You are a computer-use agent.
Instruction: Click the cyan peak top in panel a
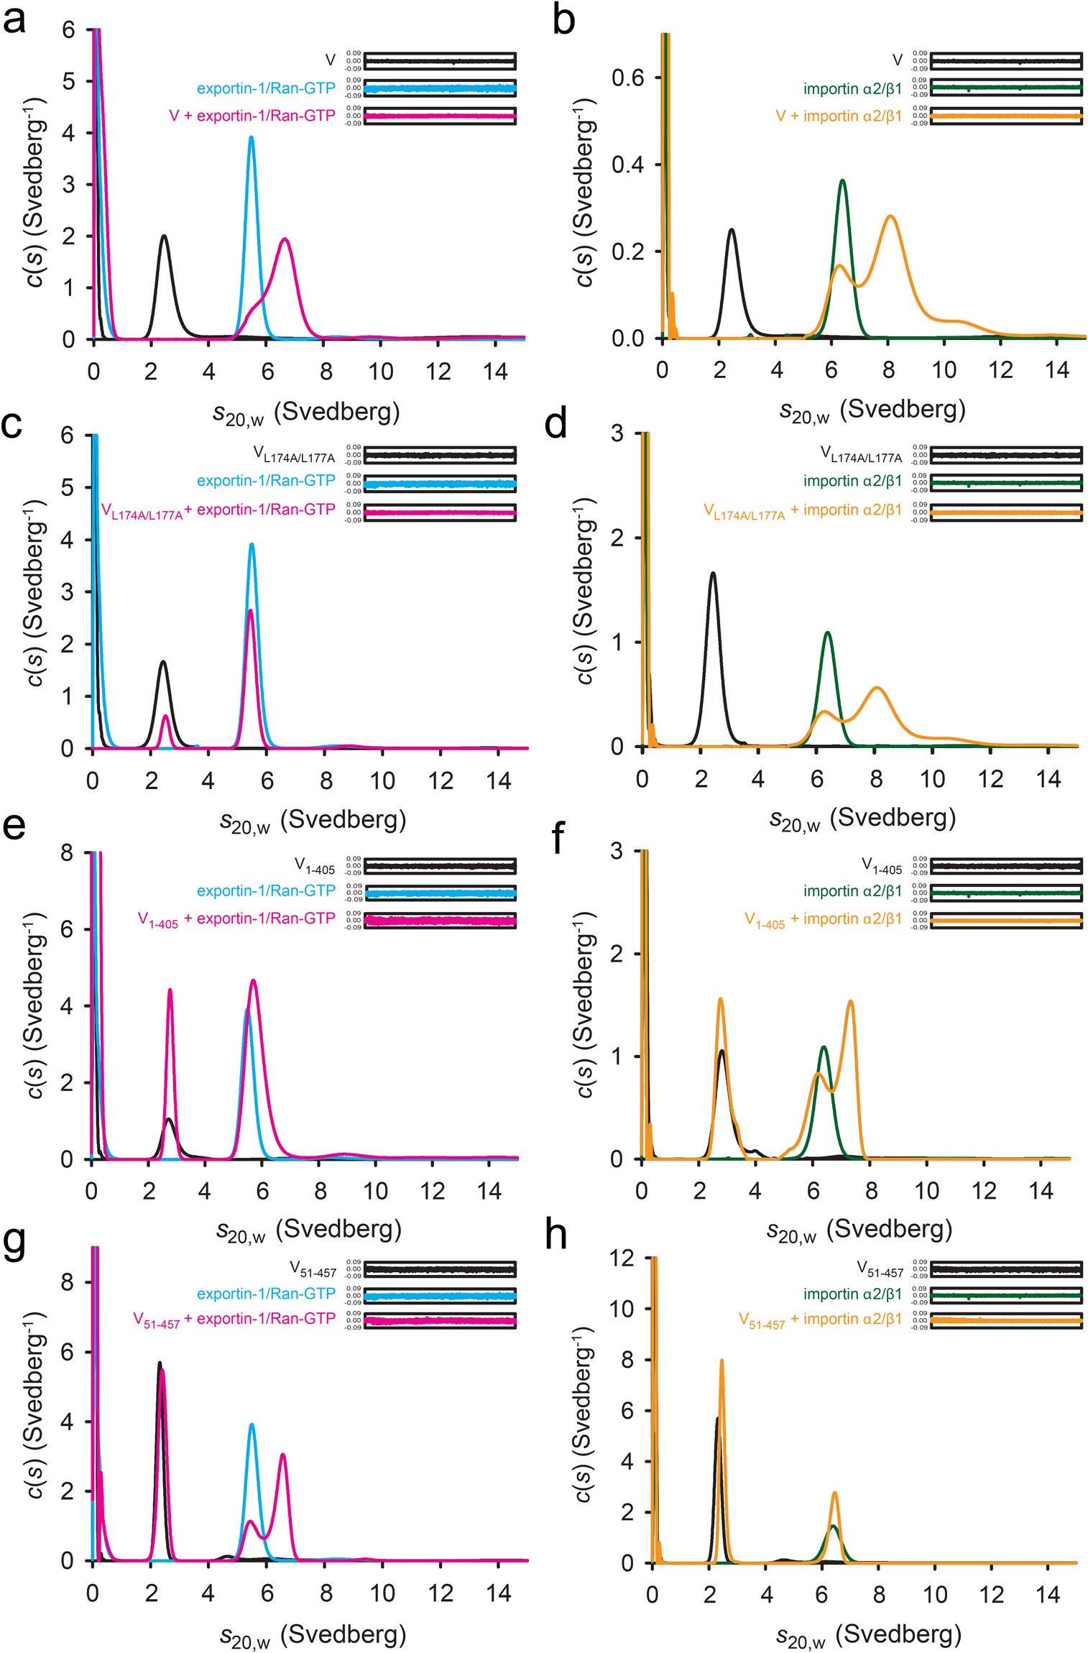click(251, 137)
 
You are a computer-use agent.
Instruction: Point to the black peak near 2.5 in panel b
click(731, 230)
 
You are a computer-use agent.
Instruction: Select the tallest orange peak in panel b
click(890, 216)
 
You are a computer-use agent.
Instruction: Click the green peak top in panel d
click(828, 632)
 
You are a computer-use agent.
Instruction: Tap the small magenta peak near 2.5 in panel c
click(166, 716)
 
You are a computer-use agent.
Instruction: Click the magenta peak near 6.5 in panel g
click(283, 1455)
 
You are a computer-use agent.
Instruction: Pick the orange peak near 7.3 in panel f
click(850, 1001)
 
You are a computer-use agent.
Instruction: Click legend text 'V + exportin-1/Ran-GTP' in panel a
click(252, 116)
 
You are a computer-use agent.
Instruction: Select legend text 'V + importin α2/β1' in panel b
click(839, 116)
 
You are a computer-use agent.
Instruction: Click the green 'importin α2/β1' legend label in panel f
click(852, 891)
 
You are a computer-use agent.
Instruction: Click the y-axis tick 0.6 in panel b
click(627, 78)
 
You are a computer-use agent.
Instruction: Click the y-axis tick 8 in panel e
click(67, 853)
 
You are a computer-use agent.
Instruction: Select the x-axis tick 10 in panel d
click(932, 779)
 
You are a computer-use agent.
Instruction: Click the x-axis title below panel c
click(313, 821)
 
